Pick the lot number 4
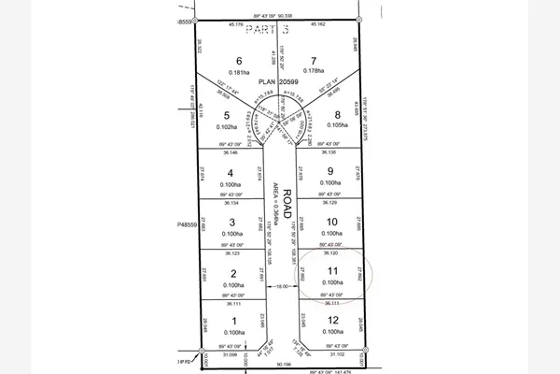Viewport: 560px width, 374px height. pyautogui.click(x=230, y=173)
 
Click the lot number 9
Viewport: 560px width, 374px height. pyautogui.click(x=329, y=171)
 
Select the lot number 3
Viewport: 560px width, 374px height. pyautogui.click(x=231, y=223)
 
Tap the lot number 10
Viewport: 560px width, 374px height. pyautogui.click(x=329, y=221)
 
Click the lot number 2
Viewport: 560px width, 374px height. pyautogui.click(x=231, y=273)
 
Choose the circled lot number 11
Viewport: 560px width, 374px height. pyautogui.click(x=329, y=270)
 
